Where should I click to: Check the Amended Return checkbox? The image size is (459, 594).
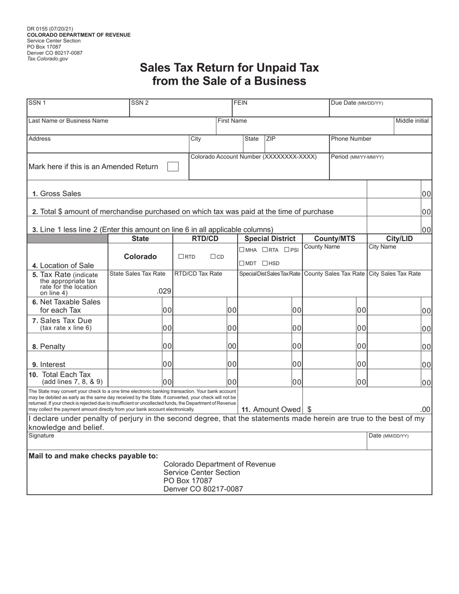172,167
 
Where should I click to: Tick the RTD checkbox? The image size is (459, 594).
181,257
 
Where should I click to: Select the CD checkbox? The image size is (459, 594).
213,257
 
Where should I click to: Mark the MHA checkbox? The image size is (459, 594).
242,250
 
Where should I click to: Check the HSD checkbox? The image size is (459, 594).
265,263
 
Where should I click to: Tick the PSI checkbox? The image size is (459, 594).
287,250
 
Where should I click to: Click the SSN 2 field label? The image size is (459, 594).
140,103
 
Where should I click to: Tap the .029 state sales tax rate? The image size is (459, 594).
164,291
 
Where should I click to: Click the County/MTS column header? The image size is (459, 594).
334,239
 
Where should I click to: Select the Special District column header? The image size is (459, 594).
270,239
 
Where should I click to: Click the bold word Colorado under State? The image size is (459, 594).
140,257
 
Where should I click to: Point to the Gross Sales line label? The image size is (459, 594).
57,194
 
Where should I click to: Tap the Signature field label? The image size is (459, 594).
42,436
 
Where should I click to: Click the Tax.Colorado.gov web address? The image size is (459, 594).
47,58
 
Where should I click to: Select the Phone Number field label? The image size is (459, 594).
351,139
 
